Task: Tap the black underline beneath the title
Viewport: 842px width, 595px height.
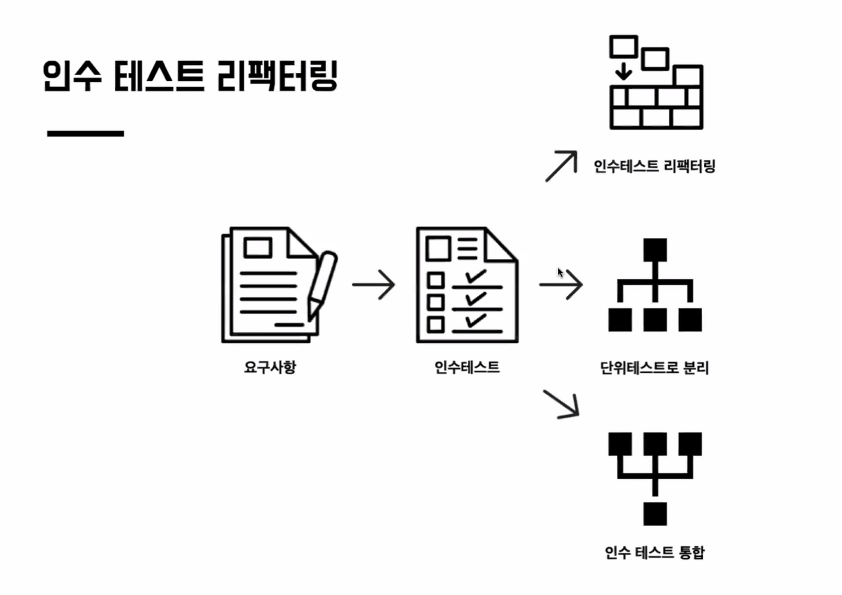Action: [86, 133]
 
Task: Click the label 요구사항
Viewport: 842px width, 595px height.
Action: [270, 367]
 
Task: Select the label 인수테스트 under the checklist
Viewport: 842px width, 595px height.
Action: [467, 367]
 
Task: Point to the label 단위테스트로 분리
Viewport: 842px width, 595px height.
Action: [655, 368]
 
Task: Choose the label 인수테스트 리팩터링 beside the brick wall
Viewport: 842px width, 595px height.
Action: [655, 166]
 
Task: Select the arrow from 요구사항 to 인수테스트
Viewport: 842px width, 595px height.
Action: [374, 285]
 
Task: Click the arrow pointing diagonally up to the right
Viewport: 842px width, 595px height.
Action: [561, 166]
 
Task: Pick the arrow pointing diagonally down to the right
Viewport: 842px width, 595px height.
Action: [561, 404]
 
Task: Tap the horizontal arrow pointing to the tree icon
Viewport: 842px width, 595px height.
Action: [561, 285]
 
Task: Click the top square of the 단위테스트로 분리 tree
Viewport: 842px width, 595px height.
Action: [655, 250]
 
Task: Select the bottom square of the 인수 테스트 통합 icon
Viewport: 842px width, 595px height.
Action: [655, 513]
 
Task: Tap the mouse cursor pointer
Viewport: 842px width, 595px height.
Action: [560, 272]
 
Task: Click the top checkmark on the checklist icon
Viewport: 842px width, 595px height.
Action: [475, 276]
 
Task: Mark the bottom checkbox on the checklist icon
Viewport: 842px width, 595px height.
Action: [435, 324]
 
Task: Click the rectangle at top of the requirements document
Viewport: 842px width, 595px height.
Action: [258, 248]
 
